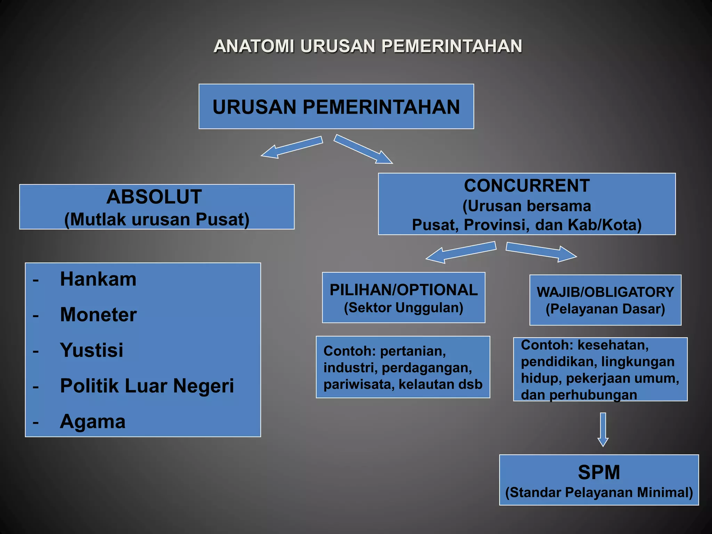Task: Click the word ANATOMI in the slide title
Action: pos(254,46)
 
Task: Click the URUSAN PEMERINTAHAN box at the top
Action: pos(336,106)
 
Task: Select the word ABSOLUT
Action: pos(154,197)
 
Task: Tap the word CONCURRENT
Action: pos(527,186)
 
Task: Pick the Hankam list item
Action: pos(98,279)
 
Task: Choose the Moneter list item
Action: pos(98,315)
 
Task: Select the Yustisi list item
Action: pos(91,350)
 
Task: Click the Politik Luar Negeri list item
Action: pos(147,386)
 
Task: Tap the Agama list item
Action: pos(92,422)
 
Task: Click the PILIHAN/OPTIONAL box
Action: pos(404,298)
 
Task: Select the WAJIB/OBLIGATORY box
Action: pos(605,300)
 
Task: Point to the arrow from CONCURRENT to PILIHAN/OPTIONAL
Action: pos(461,252)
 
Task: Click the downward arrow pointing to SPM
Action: pos(603,429)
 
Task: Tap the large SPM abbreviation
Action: pos(599,472)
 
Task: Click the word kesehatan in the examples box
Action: pos(613,345)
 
